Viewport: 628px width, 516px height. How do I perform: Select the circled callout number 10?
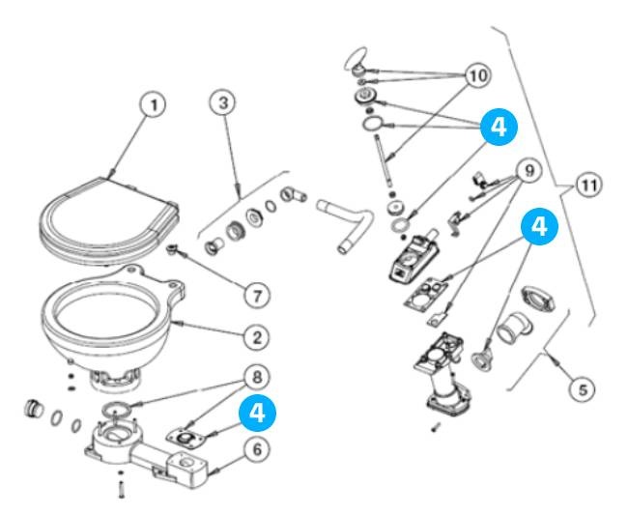[x=478, y=74]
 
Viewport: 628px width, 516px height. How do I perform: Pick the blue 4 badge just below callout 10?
[x=497, y=126]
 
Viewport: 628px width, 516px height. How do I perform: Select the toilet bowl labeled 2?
[x=106, y=319]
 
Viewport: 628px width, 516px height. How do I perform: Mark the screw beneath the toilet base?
[x=120, y=489]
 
